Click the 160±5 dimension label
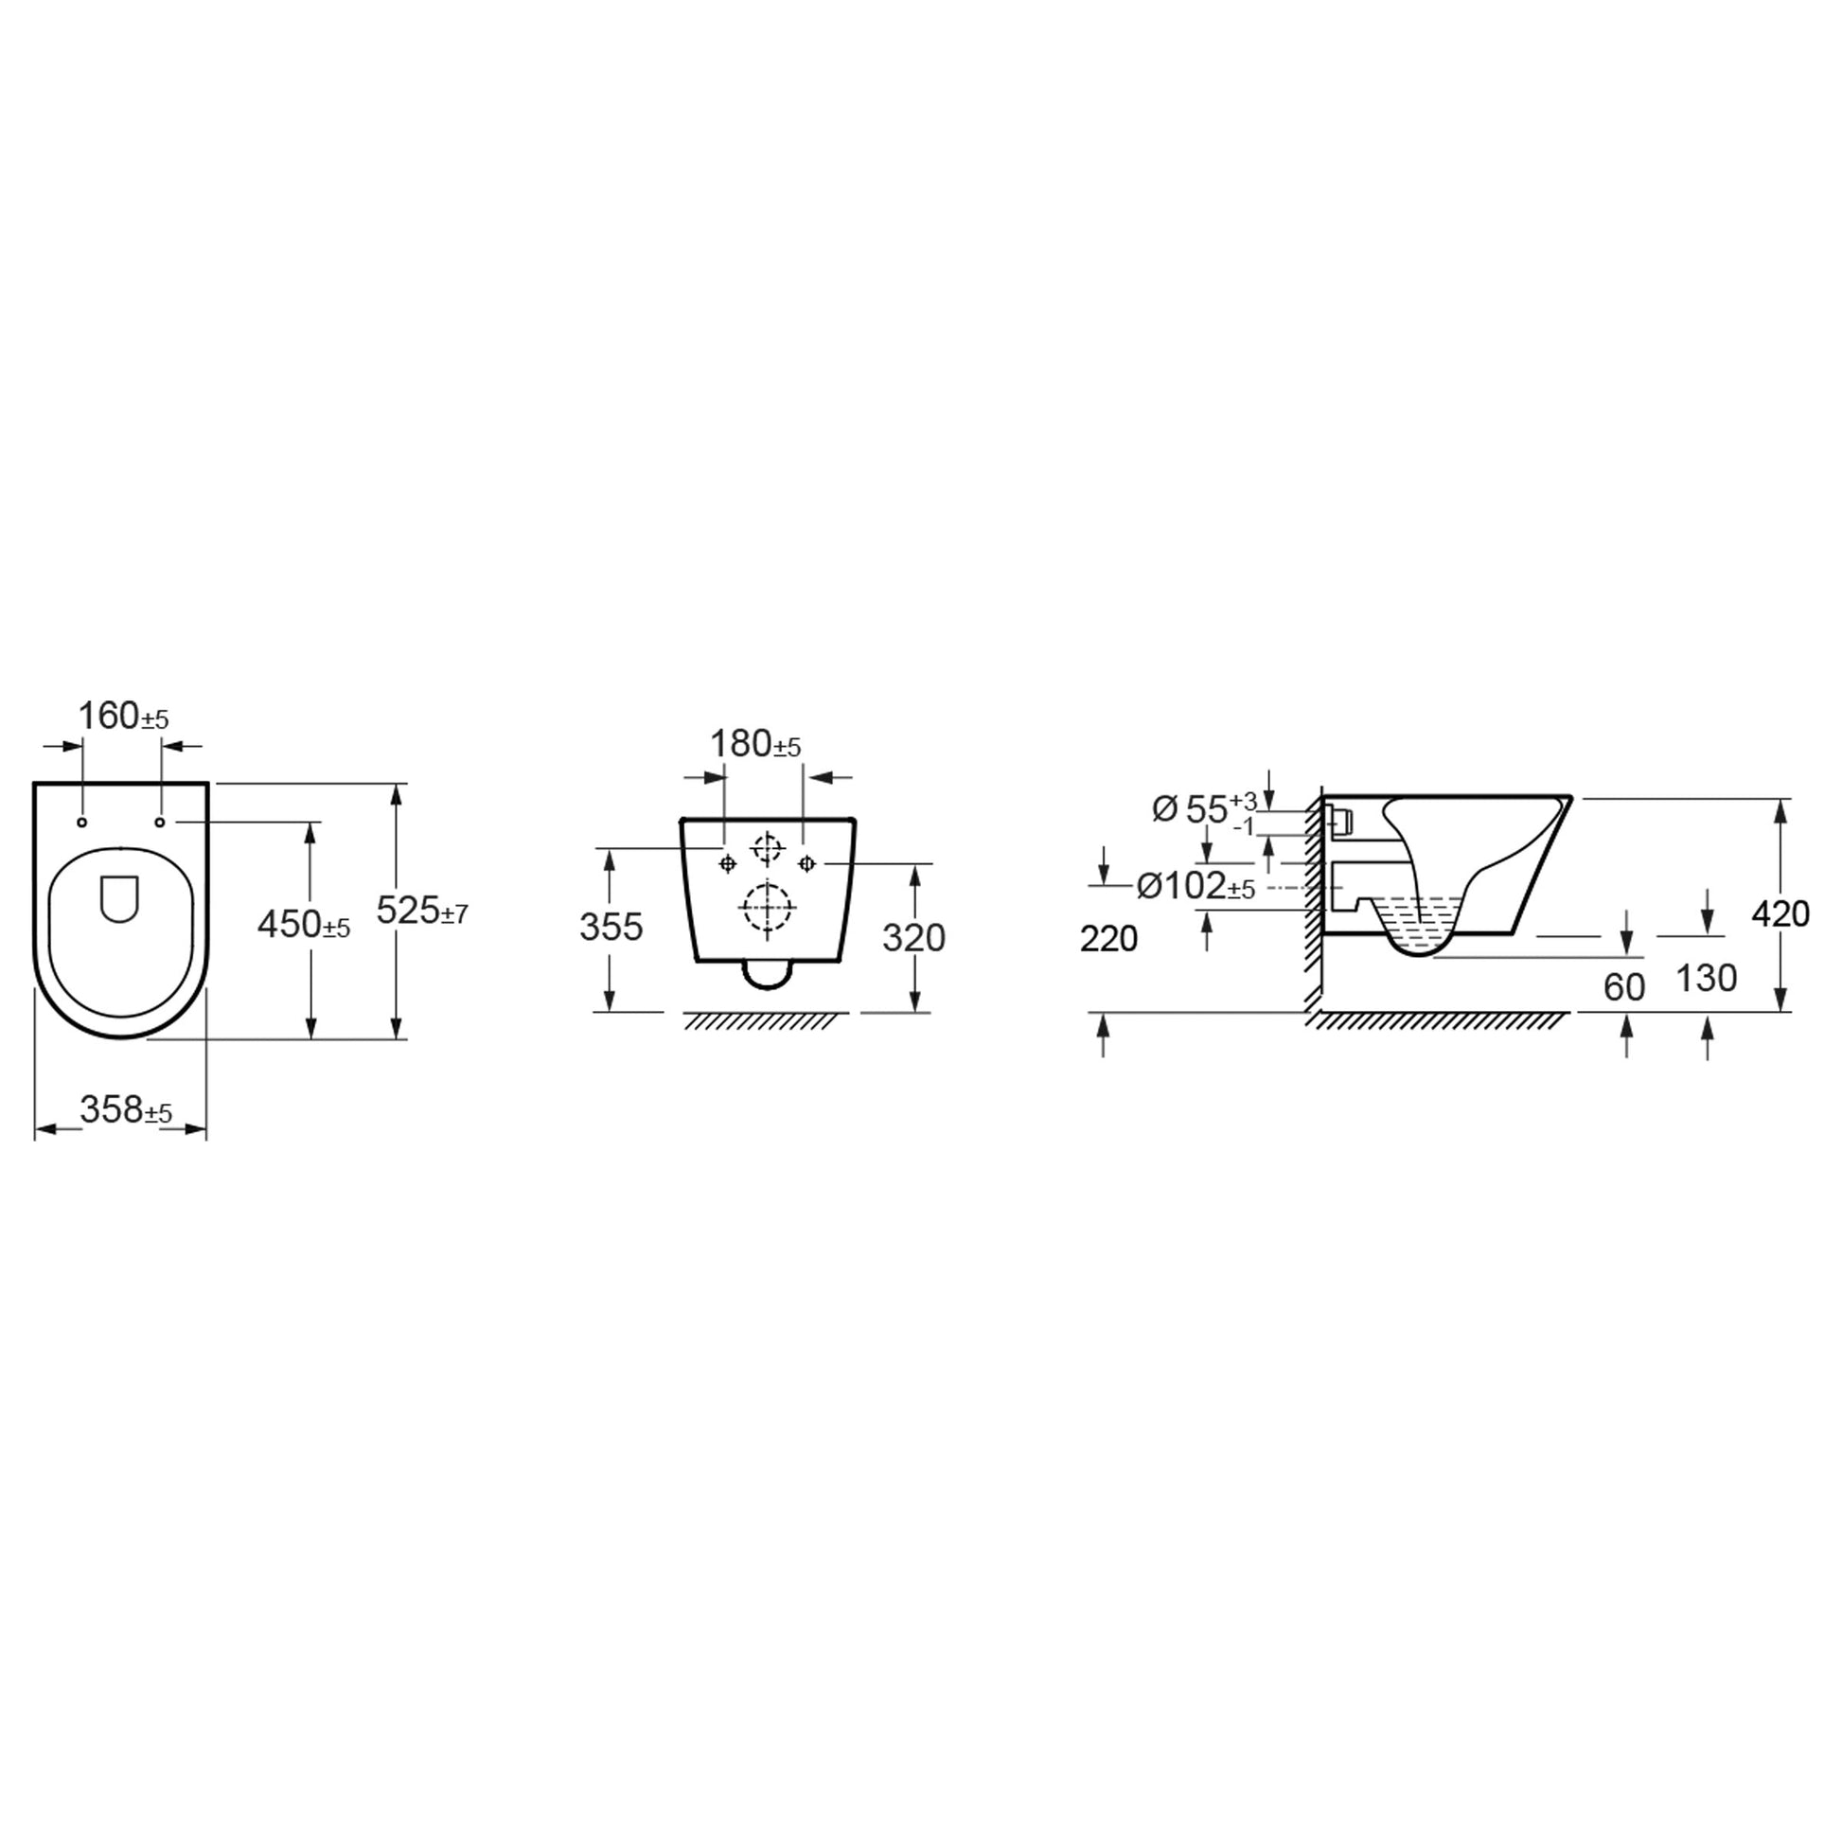(123, 716)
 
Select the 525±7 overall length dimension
(422, 911)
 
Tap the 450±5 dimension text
(304, 924)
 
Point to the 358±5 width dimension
(126, 1108)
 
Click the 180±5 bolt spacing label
(756, 744)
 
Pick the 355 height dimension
(611, 927)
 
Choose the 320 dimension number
(913, 938)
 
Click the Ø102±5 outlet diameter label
(1196, 887)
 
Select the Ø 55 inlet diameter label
(1204, 809)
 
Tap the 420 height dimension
(1781, 914)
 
